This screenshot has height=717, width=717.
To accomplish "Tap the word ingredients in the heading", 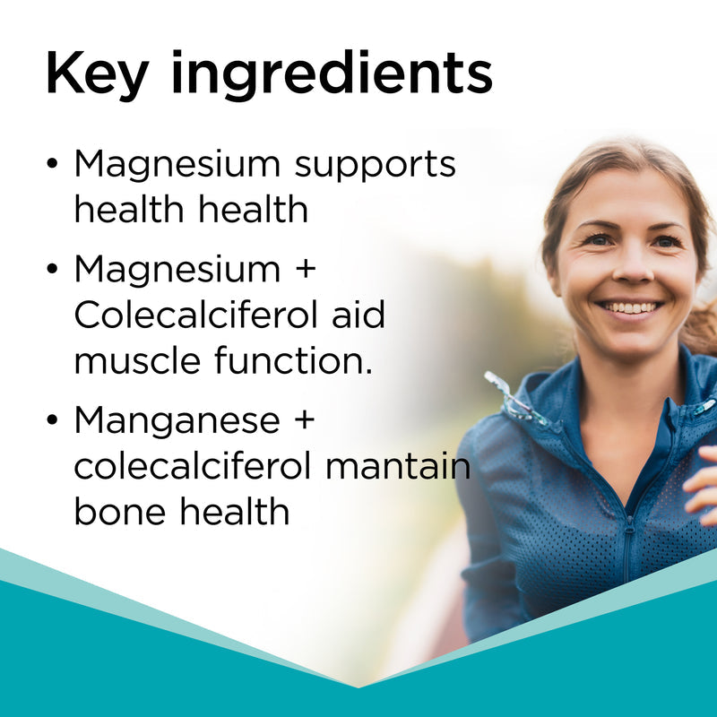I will click(x=331, y=75).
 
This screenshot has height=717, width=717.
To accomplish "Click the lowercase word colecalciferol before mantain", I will click(x=193, y=467).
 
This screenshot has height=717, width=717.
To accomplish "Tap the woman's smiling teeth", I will click(x=631, y=307).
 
